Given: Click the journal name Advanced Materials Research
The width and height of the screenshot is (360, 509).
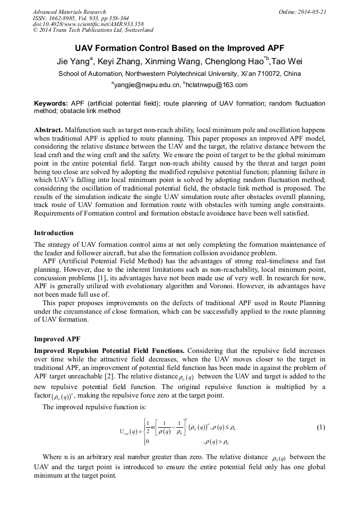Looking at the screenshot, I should point(69,12).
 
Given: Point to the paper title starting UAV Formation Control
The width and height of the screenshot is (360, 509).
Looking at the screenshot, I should point(179,47).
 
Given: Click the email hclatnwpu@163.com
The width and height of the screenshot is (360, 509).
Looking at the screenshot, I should point(217,85).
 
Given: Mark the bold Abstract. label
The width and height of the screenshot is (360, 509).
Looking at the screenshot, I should point(48,130).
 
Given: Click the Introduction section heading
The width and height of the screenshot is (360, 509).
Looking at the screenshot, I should point(54,233).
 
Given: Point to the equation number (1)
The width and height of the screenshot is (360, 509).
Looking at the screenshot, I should point(320,427).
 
